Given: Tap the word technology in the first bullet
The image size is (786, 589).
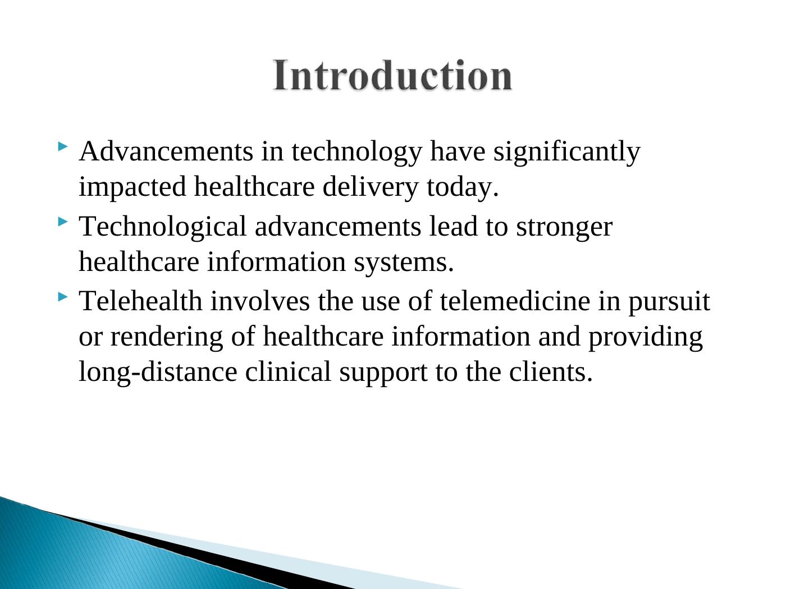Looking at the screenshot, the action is (x=357, y=153).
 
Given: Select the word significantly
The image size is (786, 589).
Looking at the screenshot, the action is (x=566, y=153).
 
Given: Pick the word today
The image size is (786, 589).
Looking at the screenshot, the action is (x=462, y=187).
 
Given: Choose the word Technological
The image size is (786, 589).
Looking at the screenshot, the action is (x=163, y=227).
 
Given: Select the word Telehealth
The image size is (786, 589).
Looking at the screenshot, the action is (x=141, y=301).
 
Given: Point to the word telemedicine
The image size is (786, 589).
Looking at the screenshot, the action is (x=515, y=301).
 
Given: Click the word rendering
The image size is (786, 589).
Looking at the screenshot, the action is (x=167, y=338).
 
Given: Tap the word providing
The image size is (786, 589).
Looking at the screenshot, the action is (x=645, y=338).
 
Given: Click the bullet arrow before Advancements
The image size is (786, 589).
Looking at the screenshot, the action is (x=62, y=146).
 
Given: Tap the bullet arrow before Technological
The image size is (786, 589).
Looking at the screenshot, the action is (x=62, y=222).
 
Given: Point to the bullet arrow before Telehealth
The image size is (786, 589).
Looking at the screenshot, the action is (x=62, y=297).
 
